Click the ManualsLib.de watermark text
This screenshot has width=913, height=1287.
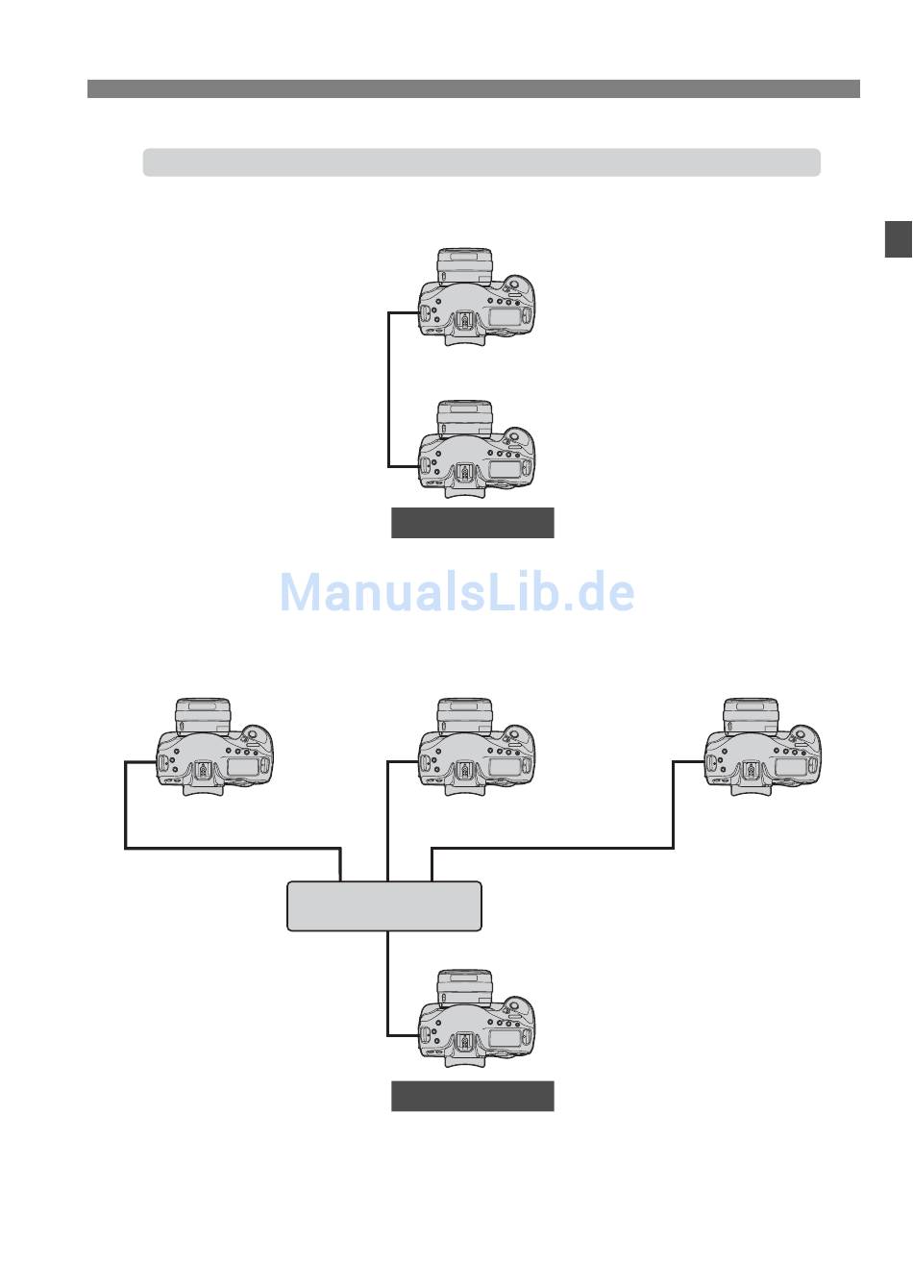(x=456, y=593)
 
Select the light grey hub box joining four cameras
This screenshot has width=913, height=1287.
(x=384, y=906)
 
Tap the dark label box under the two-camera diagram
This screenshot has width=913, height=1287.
(x=472, y=523)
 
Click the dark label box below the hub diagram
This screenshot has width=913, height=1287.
(x=472, y=1096)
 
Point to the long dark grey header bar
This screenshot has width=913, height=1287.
(x=473, y=89)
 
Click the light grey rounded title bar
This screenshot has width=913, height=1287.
(x=481, y=162)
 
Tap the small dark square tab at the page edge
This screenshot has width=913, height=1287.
(x=899, y=239)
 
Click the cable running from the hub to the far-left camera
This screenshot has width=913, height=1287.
(x=231, y=849)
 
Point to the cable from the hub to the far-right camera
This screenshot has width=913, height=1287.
(x=557, y=849)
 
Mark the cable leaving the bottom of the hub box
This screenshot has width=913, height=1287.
(x=388, y=980)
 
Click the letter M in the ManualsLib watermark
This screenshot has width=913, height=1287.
(x=300, y=593)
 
